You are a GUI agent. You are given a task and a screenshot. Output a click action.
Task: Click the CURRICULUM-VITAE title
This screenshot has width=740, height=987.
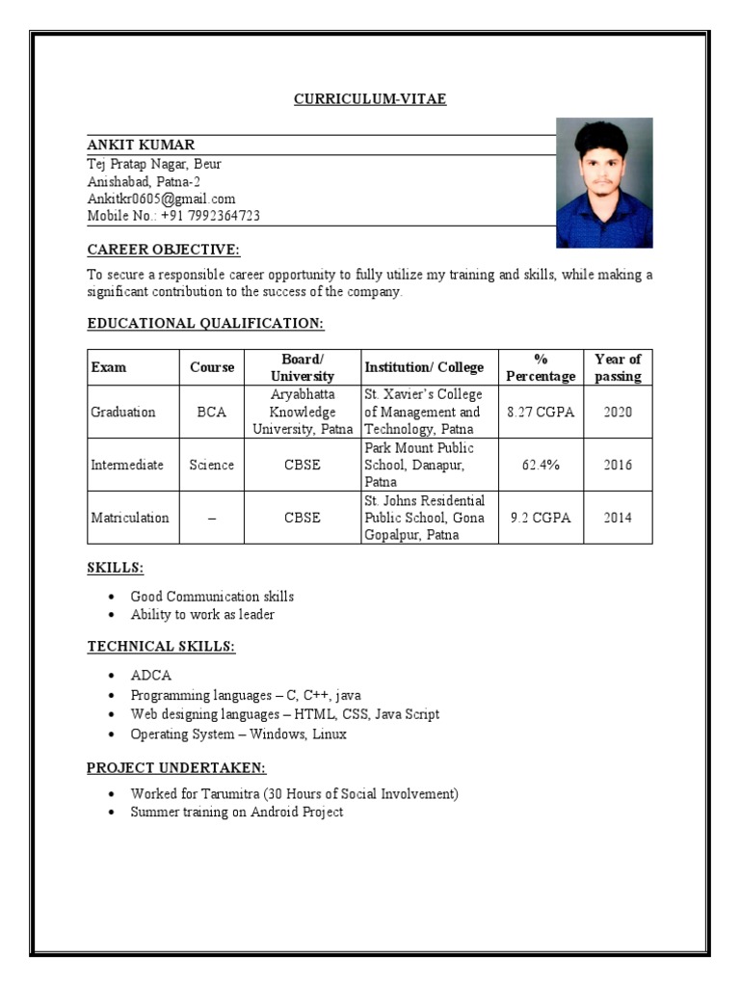370,99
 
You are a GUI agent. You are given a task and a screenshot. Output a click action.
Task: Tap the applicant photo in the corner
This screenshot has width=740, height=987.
604,183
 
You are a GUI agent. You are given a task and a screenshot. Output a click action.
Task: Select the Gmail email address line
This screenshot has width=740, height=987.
161,199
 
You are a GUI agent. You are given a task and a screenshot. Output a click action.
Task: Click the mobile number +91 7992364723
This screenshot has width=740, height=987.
173,216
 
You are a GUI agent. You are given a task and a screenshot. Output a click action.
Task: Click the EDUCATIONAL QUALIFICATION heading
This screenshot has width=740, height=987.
205,323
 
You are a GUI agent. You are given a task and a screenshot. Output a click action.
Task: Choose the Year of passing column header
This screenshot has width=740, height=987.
618,367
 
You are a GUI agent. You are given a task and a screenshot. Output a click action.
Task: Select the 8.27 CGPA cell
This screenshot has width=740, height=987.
541,412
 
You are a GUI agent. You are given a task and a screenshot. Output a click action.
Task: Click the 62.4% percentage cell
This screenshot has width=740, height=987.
541,465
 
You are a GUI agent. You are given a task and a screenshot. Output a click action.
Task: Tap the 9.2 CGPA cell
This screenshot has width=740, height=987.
541,518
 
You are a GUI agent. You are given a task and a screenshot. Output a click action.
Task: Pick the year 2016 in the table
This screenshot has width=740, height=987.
618,465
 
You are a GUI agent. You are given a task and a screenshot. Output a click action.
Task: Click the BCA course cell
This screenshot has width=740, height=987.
211,412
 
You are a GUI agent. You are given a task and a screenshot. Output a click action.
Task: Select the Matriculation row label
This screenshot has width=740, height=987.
129,518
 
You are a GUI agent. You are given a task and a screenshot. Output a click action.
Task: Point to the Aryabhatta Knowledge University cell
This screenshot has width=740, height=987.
302,412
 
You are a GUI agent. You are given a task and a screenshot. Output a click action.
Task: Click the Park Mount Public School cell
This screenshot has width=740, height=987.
428,465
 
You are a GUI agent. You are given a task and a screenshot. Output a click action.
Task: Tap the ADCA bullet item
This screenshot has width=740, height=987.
150,676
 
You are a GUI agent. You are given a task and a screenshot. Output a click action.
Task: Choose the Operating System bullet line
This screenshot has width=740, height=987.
238,734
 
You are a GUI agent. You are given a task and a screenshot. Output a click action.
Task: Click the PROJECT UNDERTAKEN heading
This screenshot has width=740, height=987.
176,767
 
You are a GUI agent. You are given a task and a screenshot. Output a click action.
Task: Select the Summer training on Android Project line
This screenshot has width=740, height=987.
236,812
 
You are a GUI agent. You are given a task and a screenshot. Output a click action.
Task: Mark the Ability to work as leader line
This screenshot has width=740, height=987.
202,614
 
